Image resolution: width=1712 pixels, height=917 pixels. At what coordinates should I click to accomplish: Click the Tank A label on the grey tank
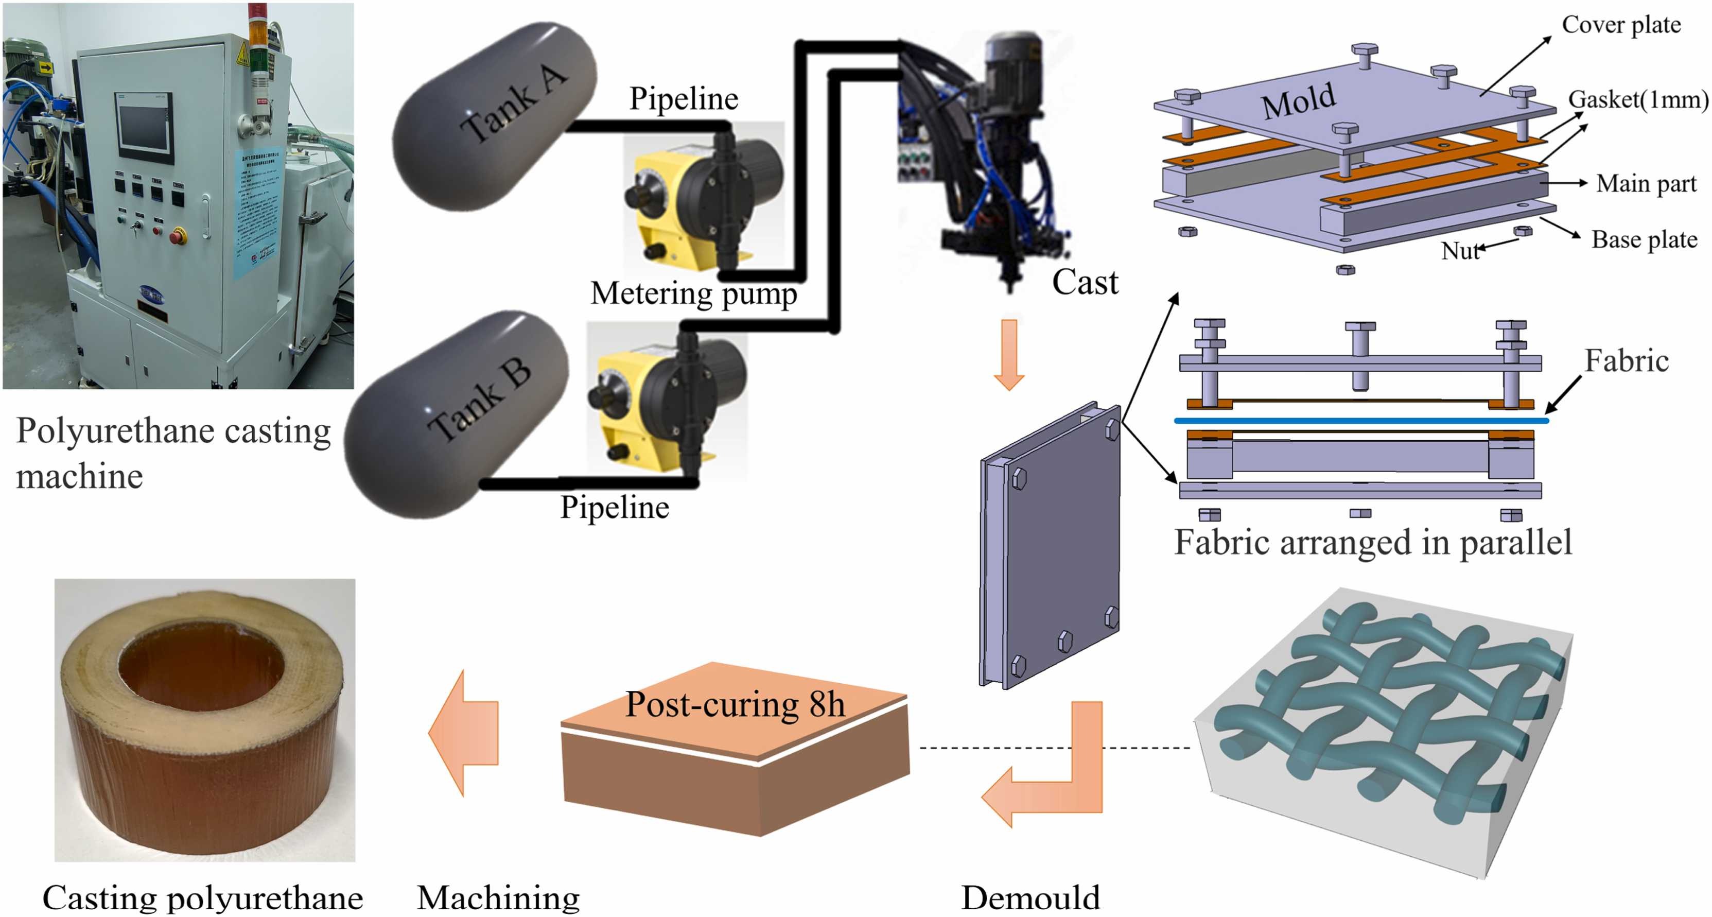tap(513, 105)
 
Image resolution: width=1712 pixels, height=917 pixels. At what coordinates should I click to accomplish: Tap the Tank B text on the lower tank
tap(479, 401)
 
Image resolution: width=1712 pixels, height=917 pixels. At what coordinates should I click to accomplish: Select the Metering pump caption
tap(693, 293)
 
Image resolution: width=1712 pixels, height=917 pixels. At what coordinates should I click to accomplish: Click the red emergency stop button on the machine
tap(178, 235)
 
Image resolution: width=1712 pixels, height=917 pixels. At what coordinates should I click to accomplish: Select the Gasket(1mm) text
tap(1637, 100)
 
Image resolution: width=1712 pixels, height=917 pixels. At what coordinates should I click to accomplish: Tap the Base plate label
tap(1644, 239)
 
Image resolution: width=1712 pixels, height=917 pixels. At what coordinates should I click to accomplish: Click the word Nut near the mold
tap(1459, 251)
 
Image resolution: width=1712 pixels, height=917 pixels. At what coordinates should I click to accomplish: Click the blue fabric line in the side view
tap(1360, 420)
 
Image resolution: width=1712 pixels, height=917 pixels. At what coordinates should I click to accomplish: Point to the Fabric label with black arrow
tap(1626, 361)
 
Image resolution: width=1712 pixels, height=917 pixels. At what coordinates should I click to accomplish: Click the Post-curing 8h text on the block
tap(735, 705)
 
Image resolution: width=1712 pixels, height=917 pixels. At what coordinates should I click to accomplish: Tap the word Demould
tap(1030, 898)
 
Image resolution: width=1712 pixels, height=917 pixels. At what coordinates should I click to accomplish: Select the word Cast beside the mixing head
tap(1085, 283)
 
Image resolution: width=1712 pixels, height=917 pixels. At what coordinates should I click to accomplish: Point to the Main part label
tap(1646, 183)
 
